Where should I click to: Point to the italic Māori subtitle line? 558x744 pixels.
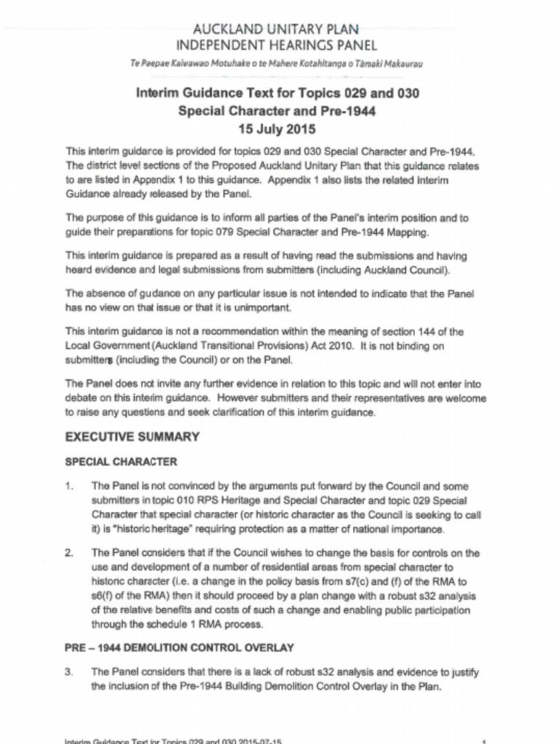(x=275, y=63)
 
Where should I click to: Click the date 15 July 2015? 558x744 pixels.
(x=278, y=130)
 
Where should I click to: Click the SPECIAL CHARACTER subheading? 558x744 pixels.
(x=121, y=462)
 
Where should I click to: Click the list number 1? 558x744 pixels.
(x=68, y=486)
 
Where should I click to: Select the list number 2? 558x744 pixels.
(x=68, y=553)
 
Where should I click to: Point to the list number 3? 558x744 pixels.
(x=68, y=672)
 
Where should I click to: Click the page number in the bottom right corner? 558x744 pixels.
(x=484, y=740)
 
